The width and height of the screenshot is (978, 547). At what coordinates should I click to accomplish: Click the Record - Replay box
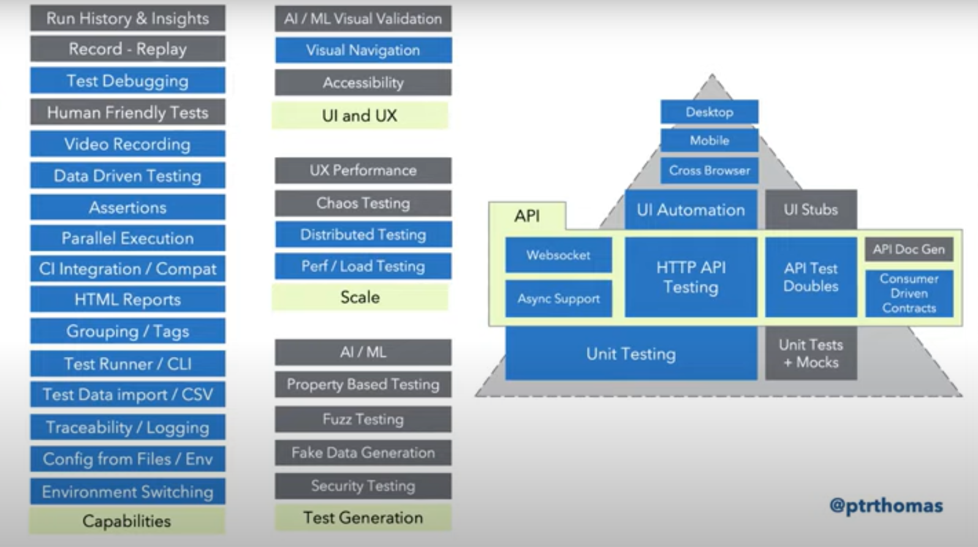tap(127, 49)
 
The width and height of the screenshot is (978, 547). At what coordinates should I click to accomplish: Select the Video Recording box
tap(127, 144)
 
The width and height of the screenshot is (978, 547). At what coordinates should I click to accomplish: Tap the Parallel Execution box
tap(127, 238)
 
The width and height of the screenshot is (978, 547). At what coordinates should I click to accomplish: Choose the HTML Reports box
tap(127, 300)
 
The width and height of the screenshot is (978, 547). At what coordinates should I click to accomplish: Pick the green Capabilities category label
tap(127, 521)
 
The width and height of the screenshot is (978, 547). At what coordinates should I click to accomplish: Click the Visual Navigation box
tap(363, 50)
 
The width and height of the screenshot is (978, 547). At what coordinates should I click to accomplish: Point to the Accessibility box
tap(363, 83)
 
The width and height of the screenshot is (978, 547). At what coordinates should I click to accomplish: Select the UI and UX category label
tap(360, 115)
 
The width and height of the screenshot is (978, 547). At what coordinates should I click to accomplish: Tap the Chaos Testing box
tap(363, 203)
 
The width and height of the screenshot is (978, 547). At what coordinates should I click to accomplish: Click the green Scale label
tap(360, 297)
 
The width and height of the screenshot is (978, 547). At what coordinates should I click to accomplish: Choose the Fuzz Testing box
tap(363, 419)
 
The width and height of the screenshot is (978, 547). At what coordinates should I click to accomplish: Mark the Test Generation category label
tap(363, 518)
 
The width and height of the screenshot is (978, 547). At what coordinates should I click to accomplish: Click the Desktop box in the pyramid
tap(709, 112)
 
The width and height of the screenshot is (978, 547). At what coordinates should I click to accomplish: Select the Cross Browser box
tap(709, 170)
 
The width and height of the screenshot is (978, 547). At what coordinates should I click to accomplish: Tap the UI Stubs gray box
tap(810, 210)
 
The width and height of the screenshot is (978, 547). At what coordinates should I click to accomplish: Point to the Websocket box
tap(558, 255)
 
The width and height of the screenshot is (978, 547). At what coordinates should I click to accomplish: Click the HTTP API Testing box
tap(691, 277)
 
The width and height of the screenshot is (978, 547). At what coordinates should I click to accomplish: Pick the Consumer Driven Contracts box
tap(909, 293)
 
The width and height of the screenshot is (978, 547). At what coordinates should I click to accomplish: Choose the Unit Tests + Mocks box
tap(810, 353)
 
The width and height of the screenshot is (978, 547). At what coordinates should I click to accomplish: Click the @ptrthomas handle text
tap(885, 505)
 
